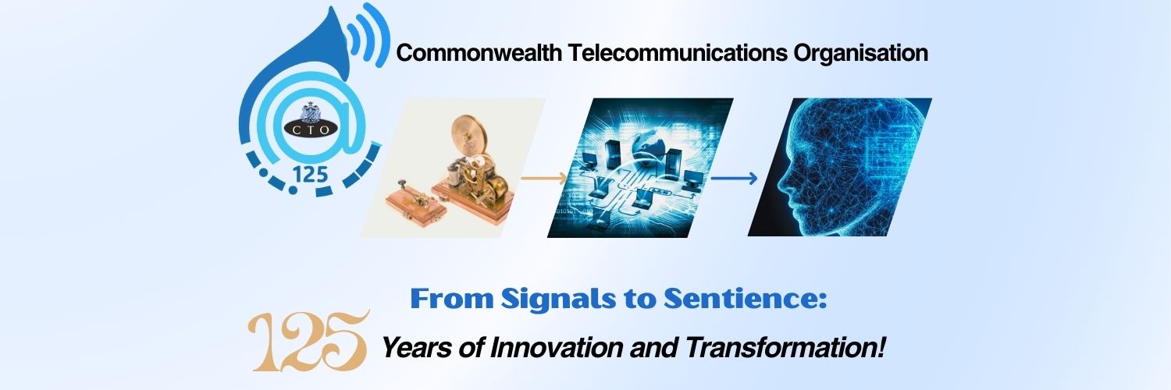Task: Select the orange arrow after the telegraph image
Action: click(x=544, y=179)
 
